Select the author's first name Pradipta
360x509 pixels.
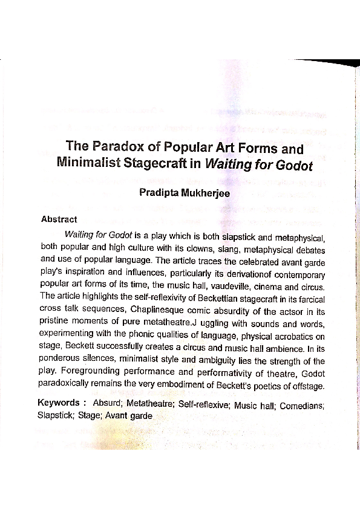point(162,193)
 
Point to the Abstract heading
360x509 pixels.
point(59,219)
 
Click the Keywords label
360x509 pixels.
point(59,403)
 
